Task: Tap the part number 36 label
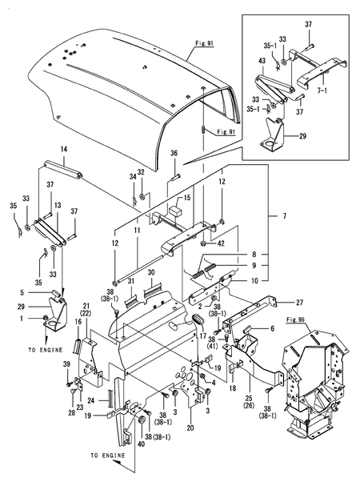point(174,154)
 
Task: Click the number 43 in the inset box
point(262,61)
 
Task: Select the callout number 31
point(130,271)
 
